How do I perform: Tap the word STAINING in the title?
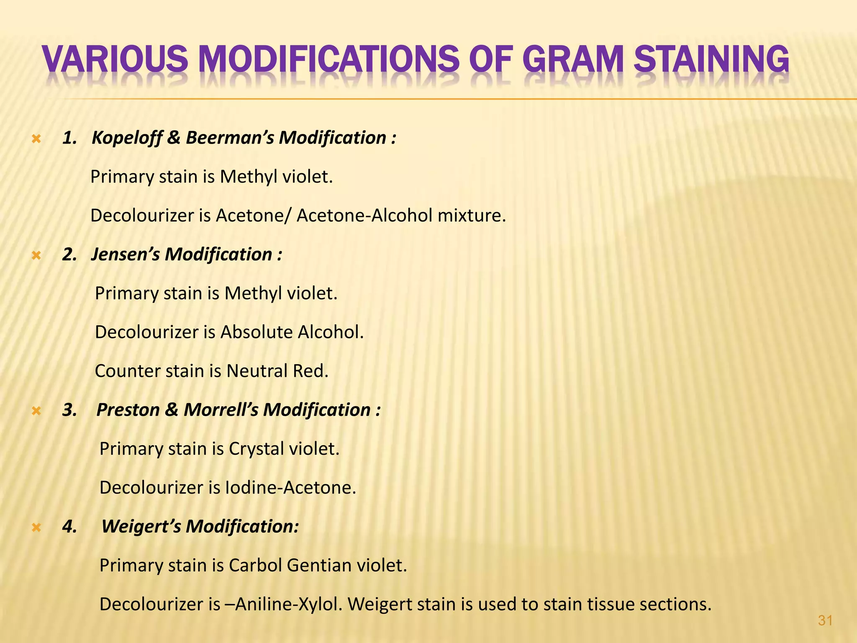(x=711, y=59)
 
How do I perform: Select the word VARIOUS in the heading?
(x=115, y=59)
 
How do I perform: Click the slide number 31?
(x=825, y=620)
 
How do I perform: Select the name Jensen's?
(x=125, y=255)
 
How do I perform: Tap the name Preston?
(x=128, y=410)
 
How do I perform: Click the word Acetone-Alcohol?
(x=364, y=216)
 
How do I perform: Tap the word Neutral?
(x=256, y=371)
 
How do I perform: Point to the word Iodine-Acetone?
(x=290, y=488)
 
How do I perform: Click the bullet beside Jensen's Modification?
(x=36, y=255)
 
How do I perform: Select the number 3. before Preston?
(x=69, y=410)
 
